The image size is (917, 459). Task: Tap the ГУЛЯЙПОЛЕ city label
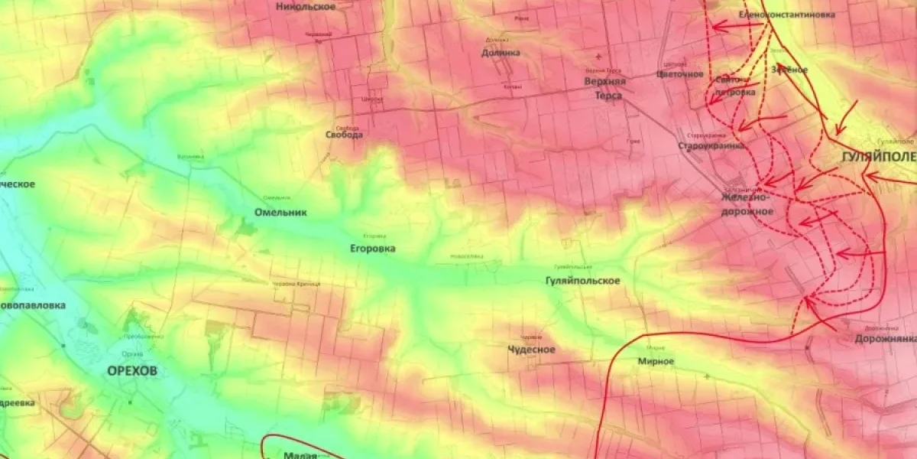[878, 157]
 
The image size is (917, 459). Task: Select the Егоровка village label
[373, 249]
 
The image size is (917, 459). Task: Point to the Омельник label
[281, 213]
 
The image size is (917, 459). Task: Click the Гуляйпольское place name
[583, 281]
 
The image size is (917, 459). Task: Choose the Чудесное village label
[532, 350]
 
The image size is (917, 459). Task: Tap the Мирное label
[656, 361]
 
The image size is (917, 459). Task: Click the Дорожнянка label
[886, 338]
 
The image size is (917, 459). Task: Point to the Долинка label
[501, 53]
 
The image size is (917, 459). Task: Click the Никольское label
[306, 7]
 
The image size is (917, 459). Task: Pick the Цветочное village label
[679, 74]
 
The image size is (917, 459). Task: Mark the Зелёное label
[789, 70]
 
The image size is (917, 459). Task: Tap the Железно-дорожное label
[747, 204]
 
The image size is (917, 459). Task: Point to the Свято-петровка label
[734, 86]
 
